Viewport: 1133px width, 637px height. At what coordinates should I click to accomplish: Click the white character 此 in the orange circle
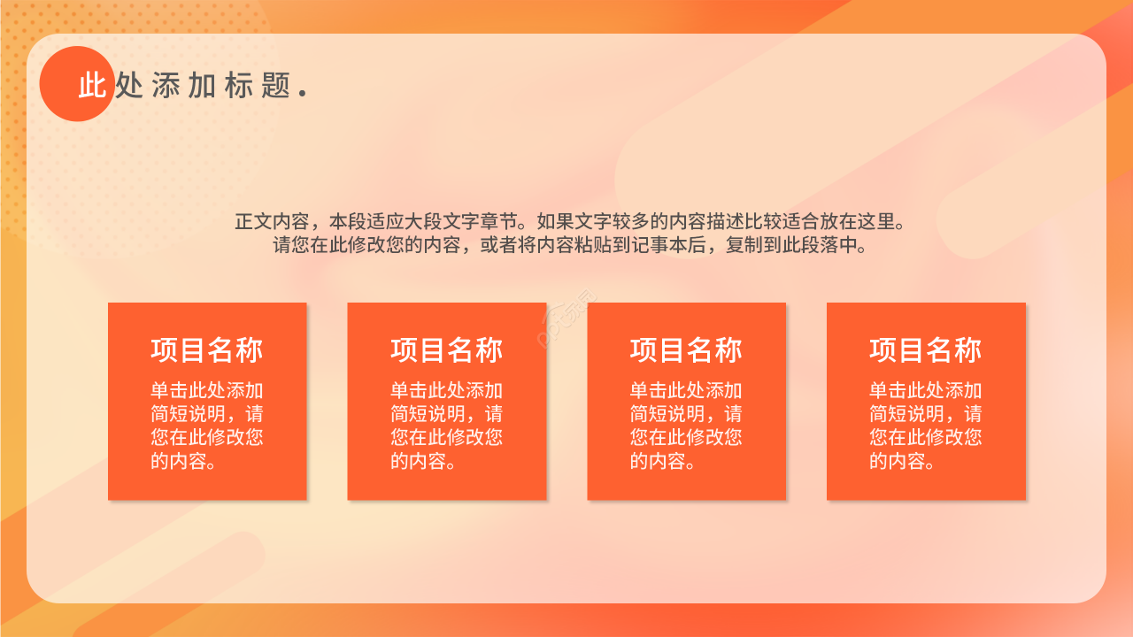click(x=92, y=86)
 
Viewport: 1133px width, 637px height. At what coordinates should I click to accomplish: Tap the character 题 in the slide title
click(x=276, y=86)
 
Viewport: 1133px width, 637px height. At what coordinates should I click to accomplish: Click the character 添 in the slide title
click(x=166, y=86)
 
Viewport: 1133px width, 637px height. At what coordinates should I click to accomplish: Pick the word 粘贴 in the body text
click(x=581, y=245)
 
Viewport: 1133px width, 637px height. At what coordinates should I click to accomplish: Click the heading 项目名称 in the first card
click(x=207, y=350)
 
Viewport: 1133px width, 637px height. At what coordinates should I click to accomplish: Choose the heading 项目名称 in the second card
click(x=447, y=350)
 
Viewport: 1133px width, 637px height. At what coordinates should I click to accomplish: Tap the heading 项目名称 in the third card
click(x=686, y=350)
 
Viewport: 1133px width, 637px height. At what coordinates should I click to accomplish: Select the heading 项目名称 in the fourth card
click(x=926, y=350)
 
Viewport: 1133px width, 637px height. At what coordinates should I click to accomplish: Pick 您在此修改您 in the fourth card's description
click(x=926, y=437)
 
